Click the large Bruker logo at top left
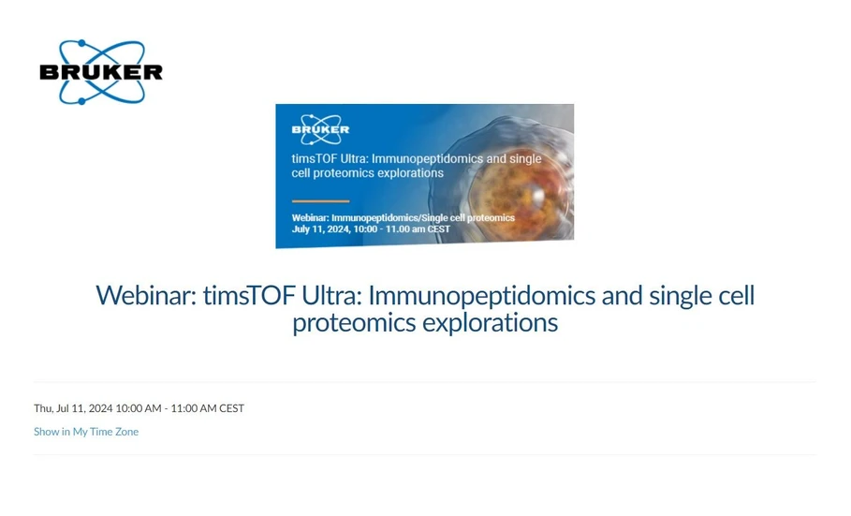point(101,71)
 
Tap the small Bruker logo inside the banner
point(320,129)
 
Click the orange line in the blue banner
point(320,201)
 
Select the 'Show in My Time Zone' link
point(86,432)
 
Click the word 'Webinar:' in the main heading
point(145,296)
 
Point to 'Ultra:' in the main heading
point(331,296)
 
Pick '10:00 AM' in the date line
point(139,408)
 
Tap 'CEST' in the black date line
point(232,408)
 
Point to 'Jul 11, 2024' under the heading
point(84,408)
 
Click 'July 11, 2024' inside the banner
point(320,229)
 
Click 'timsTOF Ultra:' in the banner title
point(329,158)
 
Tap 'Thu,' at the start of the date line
point(43,408)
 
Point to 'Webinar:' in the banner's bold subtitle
point(310,218)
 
